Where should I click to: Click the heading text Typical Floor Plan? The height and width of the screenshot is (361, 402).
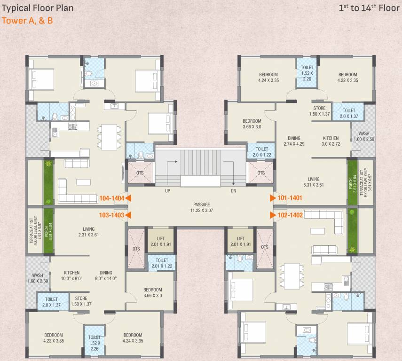click(x=36, y=8)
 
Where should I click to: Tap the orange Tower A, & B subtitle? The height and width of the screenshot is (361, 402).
click(x=27, y=21)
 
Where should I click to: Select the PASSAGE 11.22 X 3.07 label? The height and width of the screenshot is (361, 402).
click(x=201, y=207)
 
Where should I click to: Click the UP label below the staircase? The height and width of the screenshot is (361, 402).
click(x=167, y=191)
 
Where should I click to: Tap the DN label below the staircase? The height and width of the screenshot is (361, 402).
click(x=234, y=191)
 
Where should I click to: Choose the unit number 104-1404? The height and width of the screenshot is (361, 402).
click(x=112, y=198)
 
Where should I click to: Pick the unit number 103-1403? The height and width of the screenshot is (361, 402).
click(x=112, y=215)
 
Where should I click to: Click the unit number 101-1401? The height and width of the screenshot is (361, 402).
click(x=289, y=198)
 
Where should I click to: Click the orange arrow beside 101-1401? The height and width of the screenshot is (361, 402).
click(x=273, y=198)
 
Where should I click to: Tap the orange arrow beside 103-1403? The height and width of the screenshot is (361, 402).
click(x=128, y=215)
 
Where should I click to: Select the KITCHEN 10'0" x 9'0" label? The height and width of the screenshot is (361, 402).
click(x=71, y=275)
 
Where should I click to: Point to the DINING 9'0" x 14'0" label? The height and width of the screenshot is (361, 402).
click(x=106, y=275)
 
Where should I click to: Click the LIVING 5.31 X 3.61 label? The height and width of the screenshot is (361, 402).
click(x=314, y=182)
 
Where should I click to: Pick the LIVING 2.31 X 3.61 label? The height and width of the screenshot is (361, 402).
click(x=89, y=232)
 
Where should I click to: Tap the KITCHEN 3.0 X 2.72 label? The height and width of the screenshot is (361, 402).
click(x=331, y=141)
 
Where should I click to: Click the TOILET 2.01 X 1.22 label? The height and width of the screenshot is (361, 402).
click(x=161, y=263)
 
